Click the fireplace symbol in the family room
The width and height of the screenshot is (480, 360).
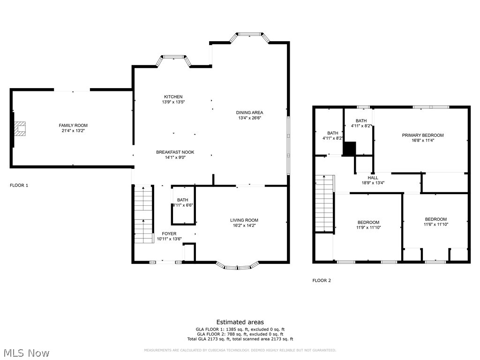(20, 129)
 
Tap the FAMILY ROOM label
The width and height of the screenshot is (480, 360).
(73, 125)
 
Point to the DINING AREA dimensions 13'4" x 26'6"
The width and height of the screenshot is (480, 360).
(249, 118)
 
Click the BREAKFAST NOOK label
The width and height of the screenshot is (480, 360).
(175, 152)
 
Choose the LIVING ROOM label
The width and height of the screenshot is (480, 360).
(244, 220)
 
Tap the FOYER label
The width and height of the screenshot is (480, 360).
(169, 233)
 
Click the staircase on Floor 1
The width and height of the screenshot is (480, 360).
(143, 214)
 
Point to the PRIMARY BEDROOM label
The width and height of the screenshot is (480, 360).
(422, 135)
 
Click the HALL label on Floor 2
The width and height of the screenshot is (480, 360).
(373, 178)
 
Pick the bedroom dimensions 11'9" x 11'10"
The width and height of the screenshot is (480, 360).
(368, 228)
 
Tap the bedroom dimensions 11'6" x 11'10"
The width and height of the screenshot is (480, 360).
(435, 225)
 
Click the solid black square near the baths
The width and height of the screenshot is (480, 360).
(349, 149)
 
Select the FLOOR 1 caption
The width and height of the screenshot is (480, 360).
(19, 185)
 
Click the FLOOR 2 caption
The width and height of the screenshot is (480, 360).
(322, 280)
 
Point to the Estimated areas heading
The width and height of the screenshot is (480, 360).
(240, 322)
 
